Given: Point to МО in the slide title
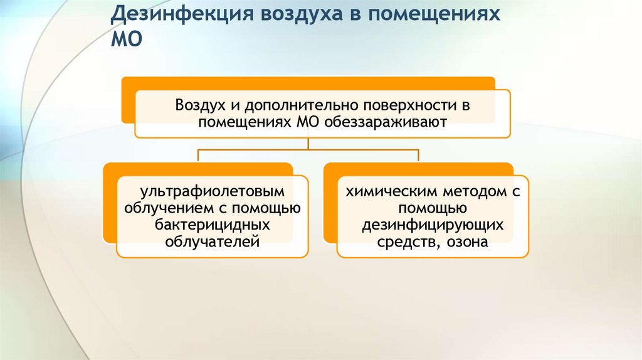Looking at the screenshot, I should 127,39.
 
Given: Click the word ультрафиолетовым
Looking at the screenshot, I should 213,192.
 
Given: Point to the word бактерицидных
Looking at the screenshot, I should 213,225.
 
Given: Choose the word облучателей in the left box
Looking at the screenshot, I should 213,241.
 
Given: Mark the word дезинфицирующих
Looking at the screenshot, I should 433,225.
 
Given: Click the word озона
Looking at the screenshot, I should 467,241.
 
